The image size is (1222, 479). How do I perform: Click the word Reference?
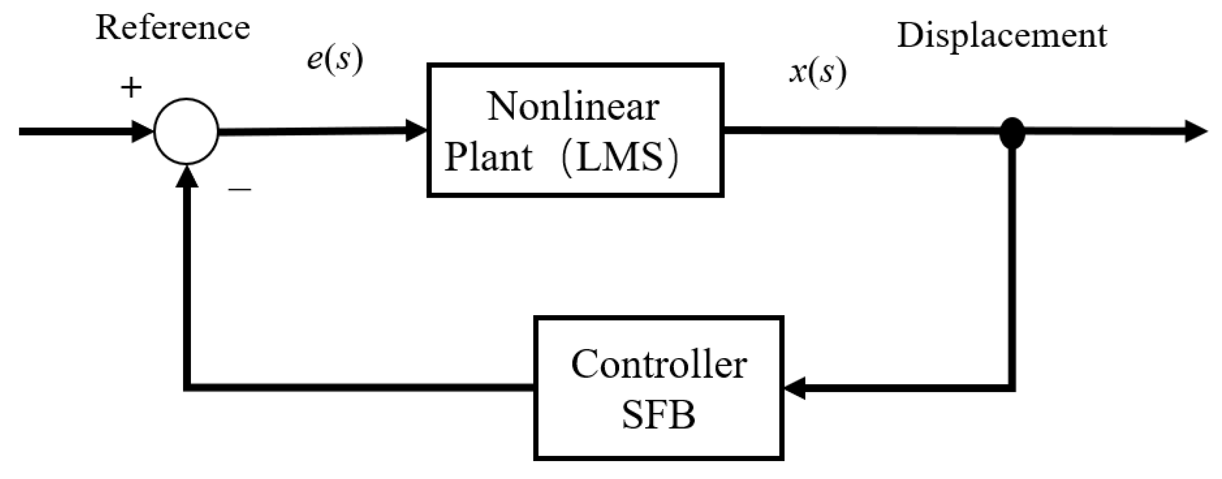pyautogui.click(x=173, y=28)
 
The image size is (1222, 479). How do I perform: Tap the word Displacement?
pyautogui.click(x=1002, y=36)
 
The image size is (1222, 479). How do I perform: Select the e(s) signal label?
pyautogui.click(x=335, y=60)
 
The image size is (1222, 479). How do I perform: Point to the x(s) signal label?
pyautogui.click(x=817, y=73)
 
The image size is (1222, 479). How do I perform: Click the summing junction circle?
pyautogui.click(x=186, y=131)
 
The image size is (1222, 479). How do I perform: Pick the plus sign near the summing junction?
pyautogui.click(x=131, y=88)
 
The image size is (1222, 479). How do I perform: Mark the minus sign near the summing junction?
pyautogui.click(x=240, y=189)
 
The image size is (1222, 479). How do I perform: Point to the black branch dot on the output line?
pyautogui.click(x=1012, y=132)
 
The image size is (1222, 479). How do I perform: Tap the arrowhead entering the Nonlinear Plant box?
pyautogui.click(x=416, y=131)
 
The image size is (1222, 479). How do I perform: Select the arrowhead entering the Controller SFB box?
pyautogui.click(x=794, y=388)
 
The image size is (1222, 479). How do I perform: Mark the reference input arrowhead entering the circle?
pyautogui.click(x=143, y=131)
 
